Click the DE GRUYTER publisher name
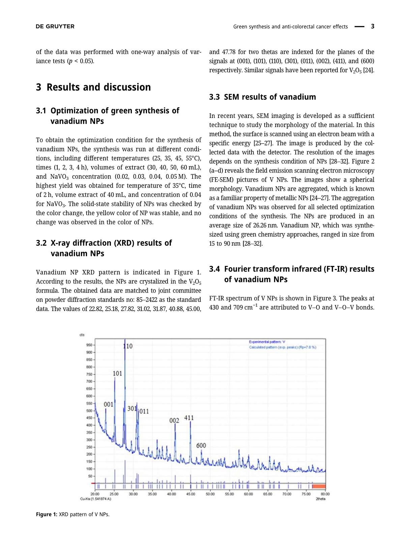tap(55, 27)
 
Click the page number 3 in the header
tap(372, 26)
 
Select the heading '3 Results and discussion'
tap(93, 87)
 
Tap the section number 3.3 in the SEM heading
tap(214, 97)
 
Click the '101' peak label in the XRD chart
tap(117, 373)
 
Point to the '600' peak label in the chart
tap(201, 445)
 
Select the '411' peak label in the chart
tap(189, 418)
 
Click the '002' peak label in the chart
tap(174, 421)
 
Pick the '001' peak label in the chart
tap(108, 404)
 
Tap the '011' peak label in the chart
tap(144, 411)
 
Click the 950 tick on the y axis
tap(89, 345)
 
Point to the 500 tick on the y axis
tap(89, 411)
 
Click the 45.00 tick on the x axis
tap(191, 494)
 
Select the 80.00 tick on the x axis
tap(325, 494)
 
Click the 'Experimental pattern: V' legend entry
tap(267, 342)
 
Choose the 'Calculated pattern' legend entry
tap(282, 347)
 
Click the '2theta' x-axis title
tap(321, 499)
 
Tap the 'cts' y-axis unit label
tap(82, 335)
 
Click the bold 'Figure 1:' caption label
tap(47, 515)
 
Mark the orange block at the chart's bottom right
tap(319, 486)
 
